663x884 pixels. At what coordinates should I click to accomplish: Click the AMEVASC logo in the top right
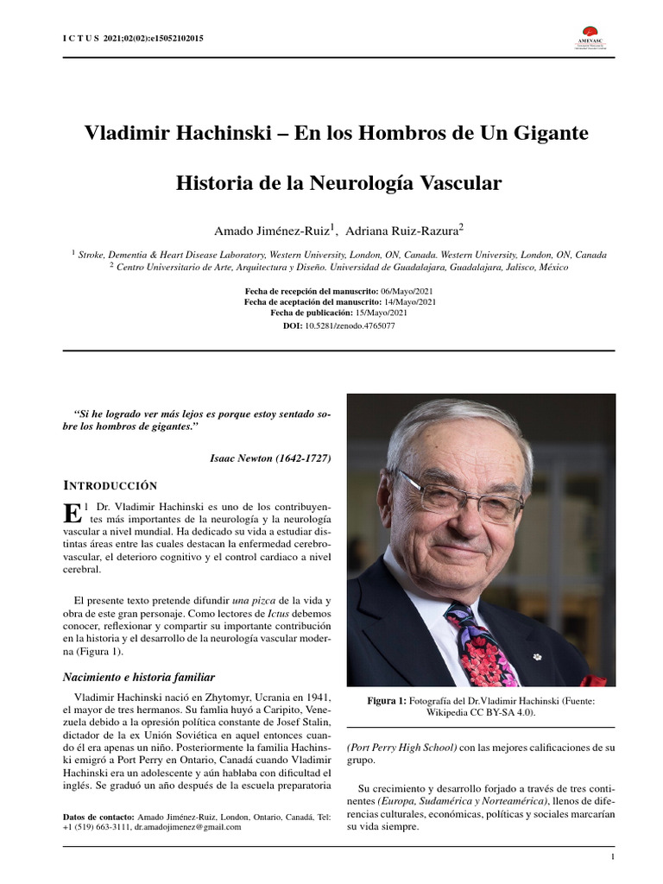pos(593,37)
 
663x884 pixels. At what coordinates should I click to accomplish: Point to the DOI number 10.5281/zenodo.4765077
pos(350,325)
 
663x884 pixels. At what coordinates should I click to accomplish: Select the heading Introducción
pos(110,485)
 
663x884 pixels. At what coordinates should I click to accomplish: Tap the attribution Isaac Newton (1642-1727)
pos(269,458)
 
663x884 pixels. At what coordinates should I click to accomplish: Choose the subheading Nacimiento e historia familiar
pos(139,677)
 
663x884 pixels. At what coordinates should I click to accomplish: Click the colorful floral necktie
pos(480,645)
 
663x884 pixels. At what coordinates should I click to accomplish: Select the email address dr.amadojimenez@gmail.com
pos(187,826)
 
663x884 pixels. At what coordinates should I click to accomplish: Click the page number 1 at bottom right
pos(612,857)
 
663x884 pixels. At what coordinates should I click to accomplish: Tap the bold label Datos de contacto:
pos(98,816)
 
